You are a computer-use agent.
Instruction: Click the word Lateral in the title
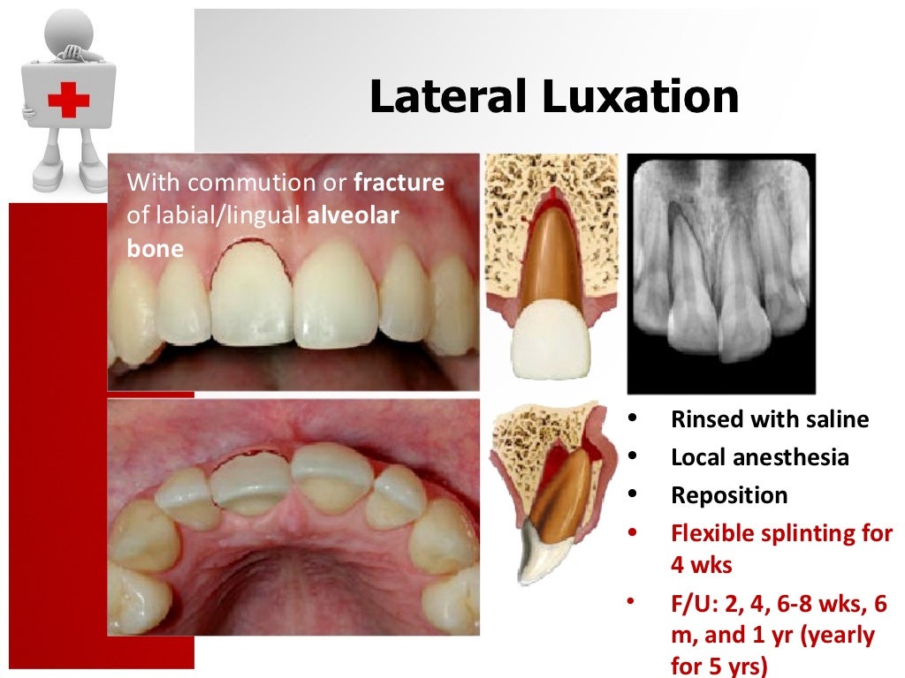pos(450,97)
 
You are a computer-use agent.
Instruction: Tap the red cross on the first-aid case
pos(68,100)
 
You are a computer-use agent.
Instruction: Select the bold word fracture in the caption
pos(399,184)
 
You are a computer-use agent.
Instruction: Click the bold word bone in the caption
pos(155,248)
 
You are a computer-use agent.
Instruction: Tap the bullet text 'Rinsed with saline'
pos(770,419)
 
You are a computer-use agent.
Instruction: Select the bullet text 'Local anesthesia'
pos(760,457)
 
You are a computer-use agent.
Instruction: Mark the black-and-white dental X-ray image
pos(721,274)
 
